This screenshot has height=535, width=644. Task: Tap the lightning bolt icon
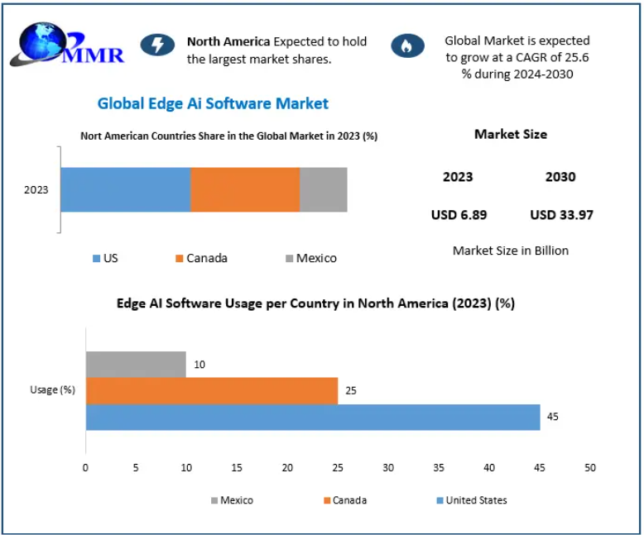(x=157, y=45)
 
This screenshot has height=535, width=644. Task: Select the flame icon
(x=406, y=45)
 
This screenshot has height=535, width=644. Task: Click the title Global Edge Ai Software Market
(x=213, y=103)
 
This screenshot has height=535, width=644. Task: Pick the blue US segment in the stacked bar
(x=125, y=189)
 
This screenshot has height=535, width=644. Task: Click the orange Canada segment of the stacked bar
(x=245, y=189)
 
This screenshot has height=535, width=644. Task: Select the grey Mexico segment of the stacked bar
(x=323, y=189)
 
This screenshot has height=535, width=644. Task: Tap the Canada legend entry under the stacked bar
(x=200, y=258)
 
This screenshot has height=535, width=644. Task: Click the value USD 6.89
(x=459, y=215)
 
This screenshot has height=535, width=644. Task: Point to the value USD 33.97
(x=561, y=215)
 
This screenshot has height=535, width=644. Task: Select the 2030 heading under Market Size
(x=560, y=177)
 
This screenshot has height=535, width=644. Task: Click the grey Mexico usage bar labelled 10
(x=136, y=364)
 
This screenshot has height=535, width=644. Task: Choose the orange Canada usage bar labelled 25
(x=212, y=390)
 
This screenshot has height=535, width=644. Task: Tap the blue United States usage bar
(x=313, y=417)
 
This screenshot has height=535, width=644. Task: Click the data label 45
(x=553, y=417)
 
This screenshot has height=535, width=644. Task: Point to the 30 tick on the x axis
(x=388, y=468)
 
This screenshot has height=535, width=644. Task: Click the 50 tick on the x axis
(x=590, y=468)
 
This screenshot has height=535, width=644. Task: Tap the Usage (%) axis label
(x=52, y=390)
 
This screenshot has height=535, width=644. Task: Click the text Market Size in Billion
(x=511, y=251)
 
